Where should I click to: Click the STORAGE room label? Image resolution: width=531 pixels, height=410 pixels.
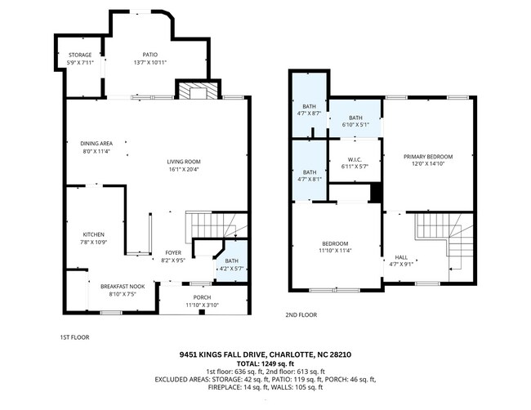click(79, 56)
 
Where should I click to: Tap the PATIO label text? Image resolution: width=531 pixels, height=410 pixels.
click(145, 55)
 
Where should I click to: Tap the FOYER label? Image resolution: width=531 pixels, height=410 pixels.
click(172, 252)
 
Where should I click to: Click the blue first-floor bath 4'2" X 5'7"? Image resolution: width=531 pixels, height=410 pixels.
click(232, 262)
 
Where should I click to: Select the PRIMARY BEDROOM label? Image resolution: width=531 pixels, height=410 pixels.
click(427, 156)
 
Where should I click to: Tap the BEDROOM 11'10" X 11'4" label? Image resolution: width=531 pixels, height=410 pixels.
click(335, 244)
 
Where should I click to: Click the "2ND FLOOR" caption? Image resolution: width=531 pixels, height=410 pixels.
click(301, 314)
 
